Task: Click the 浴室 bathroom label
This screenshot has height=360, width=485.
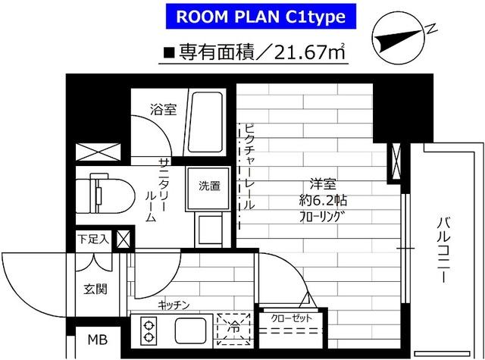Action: (163, 109)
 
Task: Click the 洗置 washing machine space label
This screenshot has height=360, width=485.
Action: (209, 186)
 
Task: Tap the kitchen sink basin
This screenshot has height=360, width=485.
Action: (190, 330)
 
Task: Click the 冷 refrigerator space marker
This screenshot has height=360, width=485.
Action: (234, 329)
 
